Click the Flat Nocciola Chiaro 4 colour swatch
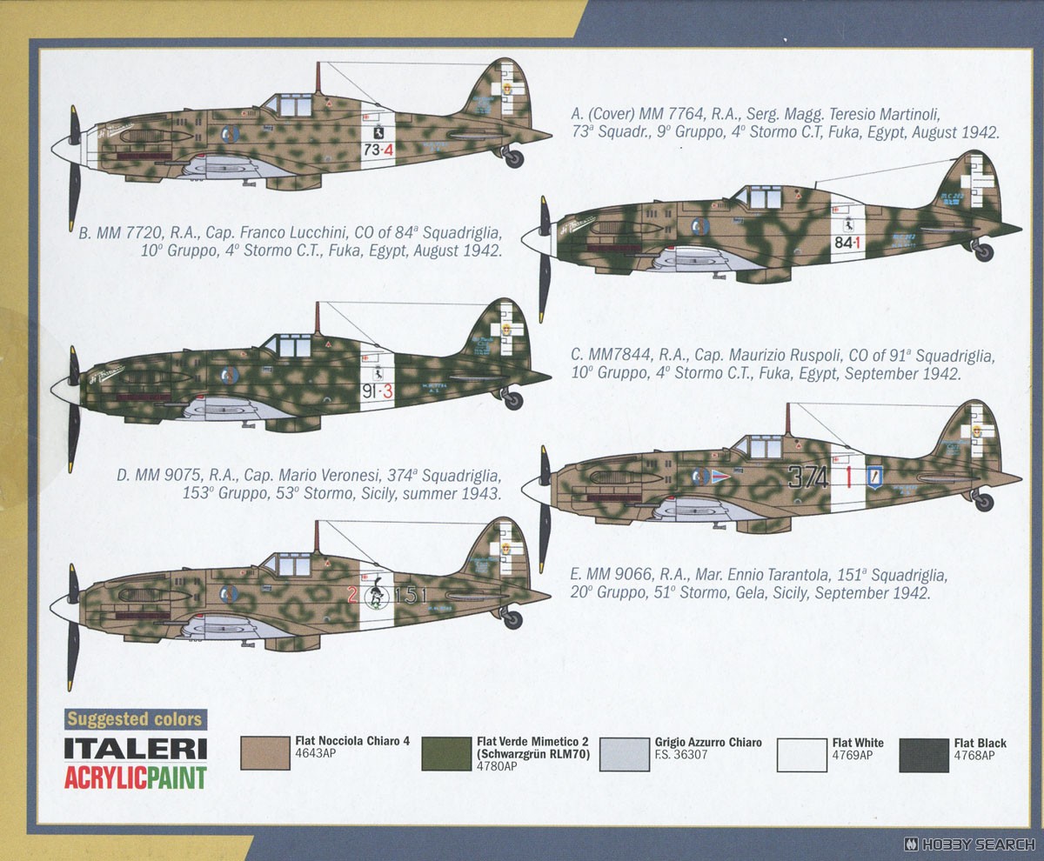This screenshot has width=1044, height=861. click(264, 753)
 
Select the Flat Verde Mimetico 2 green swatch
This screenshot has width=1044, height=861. click(447, 753)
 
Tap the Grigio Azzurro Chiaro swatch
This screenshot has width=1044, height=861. click(626, 753)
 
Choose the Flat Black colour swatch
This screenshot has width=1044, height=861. click(924, 754)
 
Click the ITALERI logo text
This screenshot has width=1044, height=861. click(135, 750)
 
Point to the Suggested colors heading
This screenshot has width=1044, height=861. click(135, 719)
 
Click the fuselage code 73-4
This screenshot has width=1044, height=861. click(378, 150)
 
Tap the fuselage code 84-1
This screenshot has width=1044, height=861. click(847, 242)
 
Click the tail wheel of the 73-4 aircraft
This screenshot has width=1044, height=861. click(514, 158)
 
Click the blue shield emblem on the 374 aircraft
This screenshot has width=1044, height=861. click(874, 477)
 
